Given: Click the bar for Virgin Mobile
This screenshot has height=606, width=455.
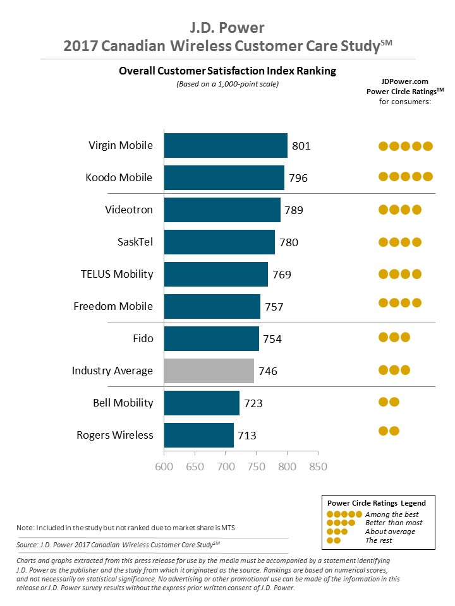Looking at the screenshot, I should [x=226, y=145].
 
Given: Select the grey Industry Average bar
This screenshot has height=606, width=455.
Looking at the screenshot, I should [x=209, y=371].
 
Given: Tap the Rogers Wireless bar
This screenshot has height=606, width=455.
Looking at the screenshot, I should [x=199, y=435].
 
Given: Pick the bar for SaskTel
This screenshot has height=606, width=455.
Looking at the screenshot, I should [x=219, y=242].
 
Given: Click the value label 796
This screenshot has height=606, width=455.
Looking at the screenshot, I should [x=298, y=178].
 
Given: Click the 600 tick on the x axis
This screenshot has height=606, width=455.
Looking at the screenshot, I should [x=164, y=467].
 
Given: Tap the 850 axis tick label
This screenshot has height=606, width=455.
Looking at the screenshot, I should [x=318, y=467].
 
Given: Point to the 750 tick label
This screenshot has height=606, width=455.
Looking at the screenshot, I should [x=257, y=467].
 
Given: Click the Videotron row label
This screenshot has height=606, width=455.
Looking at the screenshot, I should [x=129, y=210].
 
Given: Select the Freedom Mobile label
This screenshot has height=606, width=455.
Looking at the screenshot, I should [x=113, y=306].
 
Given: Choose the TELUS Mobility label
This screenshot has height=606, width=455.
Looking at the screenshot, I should [x=117, y=274].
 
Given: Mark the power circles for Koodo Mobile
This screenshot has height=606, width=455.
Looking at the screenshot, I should [x=405, y=177].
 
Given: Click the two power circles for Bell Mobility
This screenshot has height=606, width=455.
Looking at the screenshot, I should [x=389, y=401].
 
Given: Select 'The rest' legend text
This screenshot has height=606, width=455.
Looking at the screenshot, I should [x=379, y=540].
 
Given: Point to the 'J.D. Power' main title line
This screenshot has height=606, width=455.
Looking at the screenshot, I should [x=227, y=28].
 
